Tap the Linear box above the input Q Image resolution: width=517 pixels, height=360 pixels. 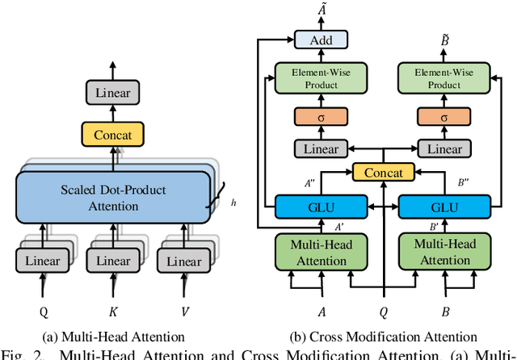coord(42,261)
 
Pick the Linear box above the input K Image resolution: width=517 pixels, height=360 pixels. coord(113,261)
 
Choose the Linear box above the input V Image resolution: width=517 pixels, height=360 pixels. coord(183,261)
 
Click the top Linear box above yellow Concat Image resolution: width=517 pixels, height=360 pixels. coord(113,93)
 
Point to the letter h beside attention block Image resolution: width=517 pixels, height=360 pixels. coord(234,203)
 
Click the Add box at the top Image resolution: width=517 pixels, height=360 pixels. coord(321,40)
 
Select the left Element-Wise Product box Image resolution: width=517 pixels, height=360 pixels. coord(321,78)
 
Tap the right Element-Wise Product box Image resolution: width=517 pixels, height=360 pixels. coord(443,78)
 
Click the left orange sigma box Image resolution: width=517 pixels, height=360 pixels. coord(321,116)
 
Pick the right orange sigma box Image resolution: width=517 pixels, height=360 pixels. coord(443,116)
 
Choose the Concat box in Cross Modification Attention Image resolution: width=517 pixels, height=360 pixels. coord(382,172)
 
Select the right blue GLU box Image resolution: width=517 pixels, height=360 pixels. coord(443,206)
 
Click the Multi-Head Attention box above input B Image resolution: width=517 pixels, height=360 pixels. coord(443,252)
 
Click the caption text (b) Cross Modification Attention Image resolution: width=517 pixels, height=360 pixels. coord(381,337)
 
